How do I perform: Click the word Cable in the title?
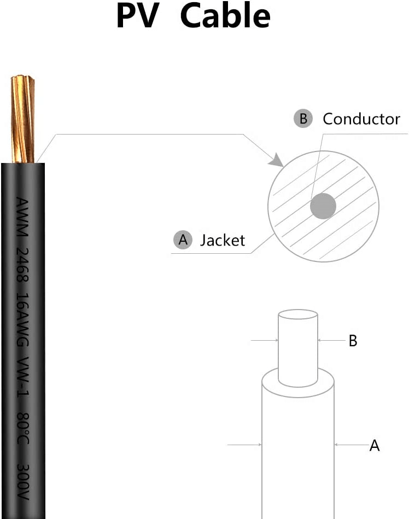[225, 16]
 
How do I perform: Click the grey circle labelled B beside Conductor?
[303, 119]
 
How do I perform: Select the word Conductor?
[361, 119]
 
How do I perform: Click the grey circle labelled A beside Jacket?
[183, 240]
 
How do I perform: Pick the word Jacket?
[223, 240]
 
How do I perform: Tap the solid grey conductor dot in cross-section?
[323, 206]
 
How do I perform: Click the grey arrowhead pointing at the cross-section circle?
[277, 160]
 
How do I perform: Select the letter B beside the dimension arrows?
[353, 341]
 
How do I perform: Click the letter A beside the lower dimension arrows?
[375, 446]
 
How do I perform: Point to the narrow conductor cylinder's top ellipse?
[297, 314]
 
